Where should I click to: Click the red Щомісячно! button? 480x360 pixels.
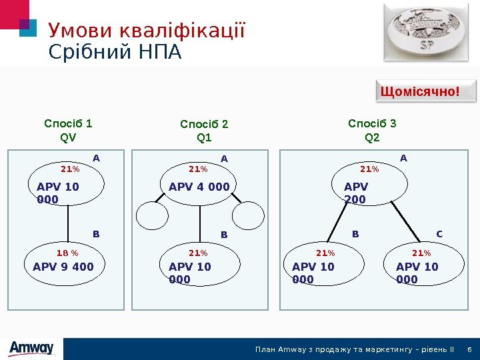click(420, 91)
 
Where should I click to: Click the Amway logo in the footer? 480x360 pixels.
click(31, 348)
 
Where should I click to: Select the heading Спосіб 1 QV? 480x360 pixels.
click(68, 131)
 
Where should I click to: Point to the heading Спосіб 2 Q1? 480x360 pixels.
click(204, 131)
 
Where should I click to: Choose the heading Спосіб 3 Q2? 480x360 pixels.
click(372, 130)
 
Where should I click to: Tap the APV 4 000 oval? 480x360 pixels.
click(199, 187)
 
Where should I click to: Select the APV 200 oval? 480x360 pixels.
click(369, 190)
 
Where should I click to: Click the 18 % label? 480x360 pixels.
click(67, 253)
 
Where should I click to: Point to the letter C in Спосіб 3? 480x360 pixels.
click(439, 234)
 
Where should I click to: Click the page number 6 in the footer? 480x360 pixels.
click(470, 349)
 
